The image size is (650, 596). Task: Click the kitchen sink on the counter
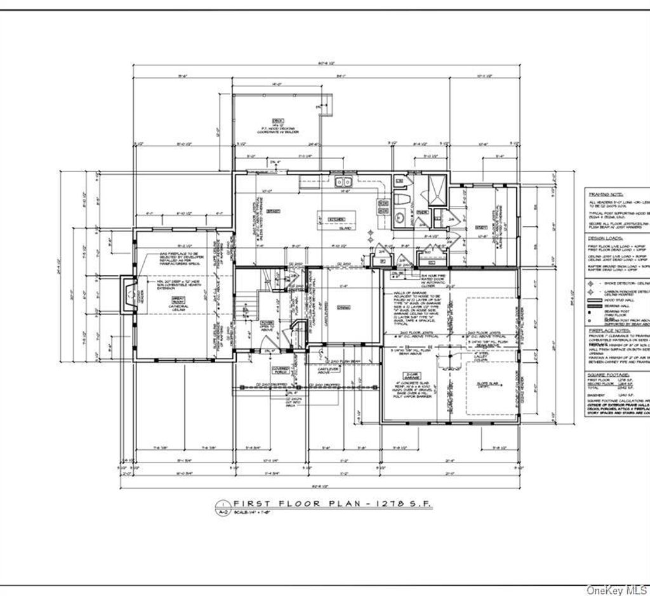click(342, 183)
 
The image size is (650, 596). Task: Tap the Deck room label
click(277, 120)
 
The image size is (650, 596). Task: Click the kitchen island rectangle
click(336, 220)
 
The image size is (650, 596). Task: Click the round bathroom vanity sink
click(400, 218)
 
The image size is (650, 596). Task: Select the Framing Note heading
click(606, 194)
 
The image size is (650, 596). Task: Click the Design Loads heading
click(605, 238)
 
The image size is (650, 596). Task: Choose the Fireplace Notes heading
click(609, 330)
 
